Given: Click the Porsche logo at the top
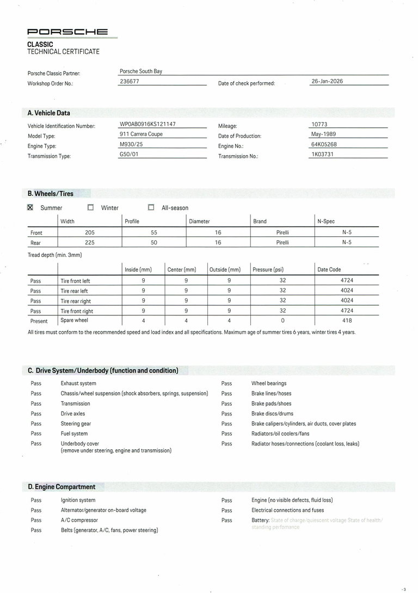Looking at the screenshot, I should [x=67, y=33].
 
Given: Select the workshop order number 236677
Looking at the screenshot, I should [x=129, y=81].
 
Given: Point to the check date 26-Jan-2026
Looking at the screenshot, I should [x=327, y=81].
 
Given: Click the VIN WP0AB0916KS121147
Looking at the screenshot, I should [x=147, y=124].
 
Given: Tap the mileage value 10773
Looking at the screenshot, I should [x=319, y=124].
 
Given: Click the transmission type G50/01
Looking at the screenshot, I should [x=129, y=155].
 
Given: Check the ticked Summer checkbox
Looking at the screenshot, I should [x=30, y=207].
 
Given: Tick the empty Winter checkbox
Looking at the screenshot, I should [x=91, y=207].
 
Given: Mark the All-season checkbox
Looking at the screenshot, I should [x=151, y=207].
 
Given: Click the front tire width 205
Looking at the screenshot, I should [x=90, y=233].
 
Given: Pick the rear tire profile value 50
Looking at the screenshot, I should [x=154, y=243].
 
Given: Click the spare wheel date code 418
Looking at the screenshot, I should [x=347, y=321].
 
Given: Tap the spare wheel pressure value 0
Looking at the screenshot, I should [x=282, y=321].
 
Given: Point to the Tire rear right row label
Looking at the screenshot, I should [x=76, y=301].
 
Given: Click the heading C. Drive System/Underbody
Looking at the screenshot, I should [x=103, y=371].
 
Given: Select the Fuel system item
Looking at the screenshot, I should [x=74, y=433].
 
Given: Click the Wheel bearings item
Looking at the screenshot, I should [x=269, y=383].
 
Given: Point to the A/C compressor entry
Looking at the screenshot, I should [x=79, y=520].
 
